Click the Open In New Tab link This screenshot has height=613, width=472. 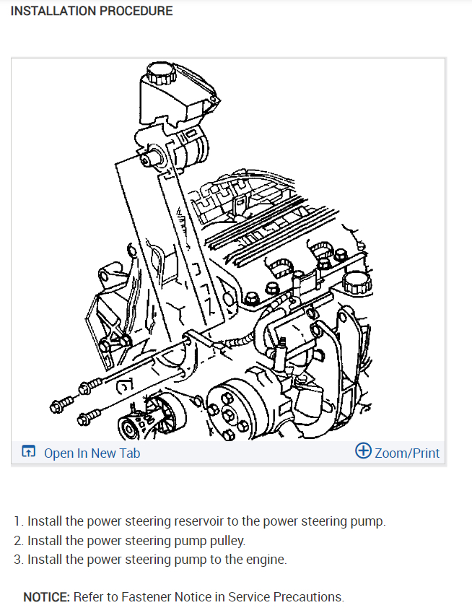(92, 453)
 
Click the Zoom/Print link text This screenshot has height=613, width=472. (407, 453)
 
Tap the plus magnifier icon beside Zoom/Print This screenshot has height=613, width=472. (364, 451)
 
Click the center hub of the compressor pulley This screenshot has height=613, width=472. (227, 411)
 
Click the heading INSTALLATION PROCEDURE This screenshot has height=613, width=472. (92, 11)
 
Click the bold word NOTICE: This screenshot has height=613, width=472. (47, 597)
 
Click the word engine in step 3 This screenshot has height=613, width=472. (267, 560)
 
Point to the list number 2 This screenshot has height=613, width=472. (18, 541)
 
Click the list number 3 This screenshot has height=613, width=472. (18, 560)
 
